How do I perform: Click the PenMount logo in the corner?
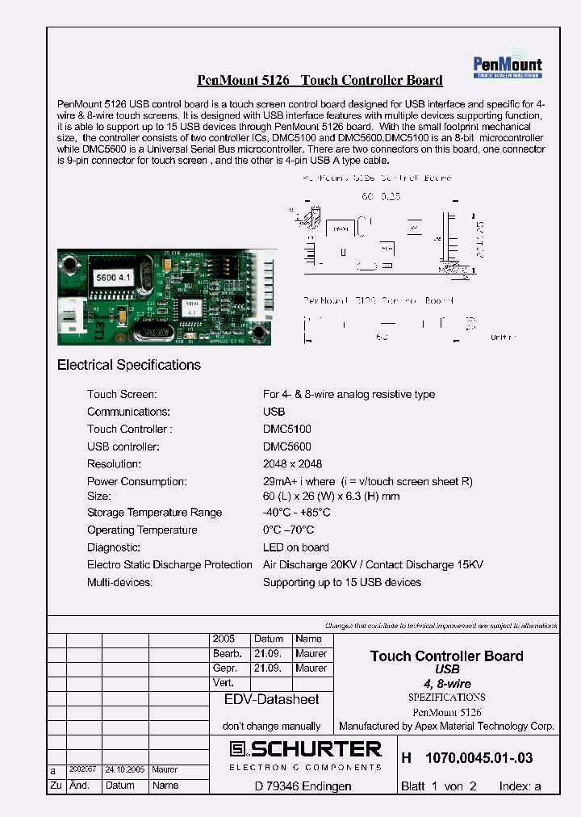507,67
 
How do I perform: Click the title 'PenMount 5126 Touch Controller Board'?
320,80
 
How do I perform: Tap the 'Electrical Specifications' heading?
129,365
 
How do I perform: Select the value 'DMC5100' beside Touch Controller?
286,429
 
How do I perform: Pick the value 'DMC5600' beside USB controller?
286,446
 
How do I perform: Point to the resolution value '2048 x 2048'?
292,464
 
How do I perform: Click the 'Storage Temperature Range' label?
154,513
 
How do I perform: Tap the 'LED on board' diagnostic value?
296,547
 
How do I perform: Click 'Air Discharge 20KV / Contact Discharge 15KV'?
373,565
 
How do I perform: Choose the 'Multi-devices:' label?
119,582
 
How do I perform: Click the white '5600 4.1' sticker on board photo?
111,277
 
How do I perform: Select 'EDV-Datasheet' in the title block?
271,700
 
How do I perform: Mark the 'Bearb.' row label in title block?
224,654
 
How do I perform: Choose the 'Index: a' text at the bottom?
520,786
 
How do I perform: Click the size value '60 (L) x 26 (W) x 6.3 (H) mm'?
331,496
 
